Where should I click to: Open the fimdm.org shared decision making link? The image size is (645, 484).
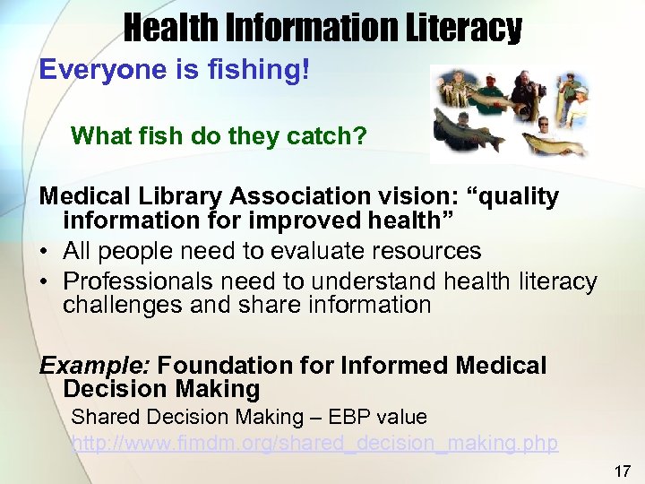pos(314,444)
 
